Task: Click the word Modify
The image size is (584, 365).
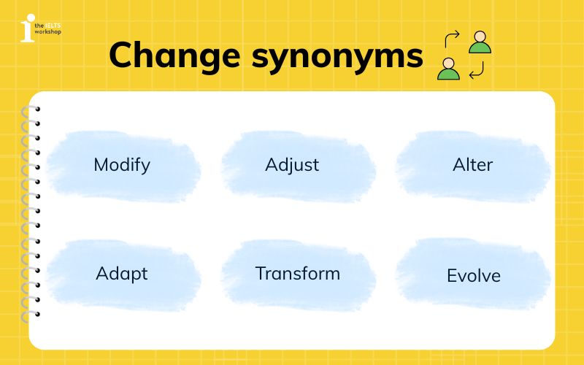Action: pyautogui.click(x=122, y=164)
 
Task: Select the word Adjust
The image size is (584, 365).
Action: pyautogui.click(x=292, y=165)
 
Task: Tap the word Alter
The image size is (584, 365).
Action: pyautogui.click(x=472, y=164)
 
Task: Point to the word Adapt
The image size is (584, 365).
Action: pyautogui.click(x=122, y=274)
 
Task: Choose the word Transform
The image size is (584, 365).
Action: pyautogui.click(x=298, y=274)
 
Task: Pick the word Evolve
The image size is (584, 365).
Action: pyautogui.click(x=474, y=276)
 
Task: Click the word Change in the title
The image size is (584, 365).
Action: pyautogui.click(x=180, y=55)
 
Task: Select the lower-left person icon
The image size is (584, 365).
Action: pyautogui.click(x=448, y=69)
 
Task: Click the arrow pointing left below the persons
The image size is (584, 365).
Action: pyautogui.click(x=476, y=72)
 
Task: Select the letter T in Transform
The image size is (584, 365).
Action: pyautogui.click(x=260, y=274)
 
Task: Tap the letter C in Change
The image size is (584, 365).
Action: pyautogui.click(x=123, y=55)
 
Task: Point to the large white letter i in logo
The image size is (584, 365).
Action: pyautogui.click(x=27, y=28)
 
